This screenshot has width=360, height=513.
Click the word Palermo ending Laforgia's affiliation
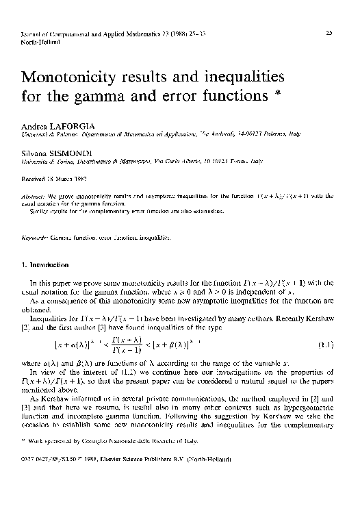(291, 135)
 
